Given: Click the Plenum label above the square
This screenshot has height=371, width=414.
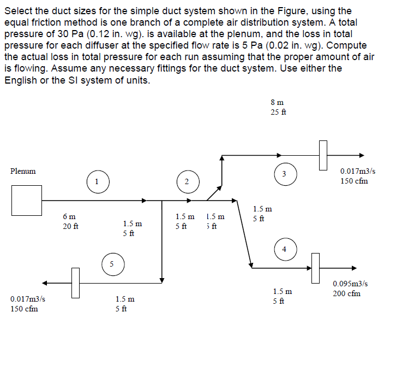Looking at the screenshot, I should [23, 171].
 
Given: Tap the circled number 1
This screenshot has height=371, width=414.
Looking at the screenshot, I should [97, 181].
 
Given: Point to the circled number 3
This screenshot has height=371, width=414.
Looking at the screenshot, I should [284, 174].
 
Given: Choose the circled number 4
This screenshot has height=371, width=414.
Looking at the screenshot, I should [284, 249].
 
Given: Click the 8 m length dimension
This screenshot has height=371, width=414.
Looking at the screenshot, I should [277, 102].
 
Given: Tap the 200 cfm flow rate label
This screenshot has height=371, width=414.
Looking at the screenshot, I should [346, 293].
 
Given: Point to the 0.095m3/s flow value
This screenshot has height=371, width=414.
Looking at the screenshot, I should [350, 284].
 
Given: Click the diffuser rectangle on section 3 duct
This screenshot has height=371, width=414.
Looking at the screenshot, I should [323, 155].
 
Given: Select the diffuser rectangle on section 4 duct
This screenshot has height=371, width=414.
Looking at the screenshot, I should [315, 268].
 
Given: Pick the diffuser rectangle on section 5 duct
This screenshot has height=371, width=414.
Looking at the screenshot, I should [75, 283].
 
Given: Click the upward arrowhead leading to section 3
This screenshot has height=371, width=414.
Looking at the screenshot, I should [221, 158].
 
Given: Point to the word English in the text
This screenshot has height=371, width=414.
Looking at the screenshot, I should [22, 80].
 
